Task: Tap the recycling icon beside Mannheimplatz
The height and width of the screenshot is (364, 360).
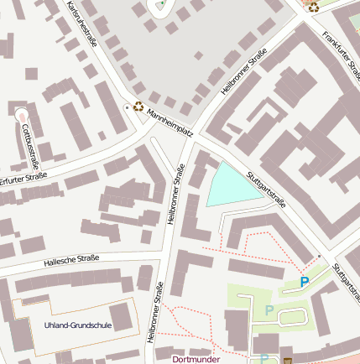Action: pyautogui.click(x=138, y=107)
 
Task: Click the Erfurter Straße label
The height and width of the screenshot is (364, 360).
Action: pyautogui.click(x=23, y=178)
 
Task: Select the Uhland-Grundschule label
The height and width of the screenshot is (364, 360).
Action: pyautogui.click(x=77, y=325)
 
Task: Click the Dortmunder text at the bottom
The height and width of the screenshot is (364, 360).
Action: pyautogui.click(x=195, y=358)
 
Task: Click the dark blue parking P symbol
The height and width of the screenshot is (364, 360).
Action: pyautogui.click(x=305, y=283)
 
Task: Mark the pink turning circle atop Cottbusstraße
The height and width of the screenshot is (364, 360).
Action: pyautogui.click(x=20, y=114)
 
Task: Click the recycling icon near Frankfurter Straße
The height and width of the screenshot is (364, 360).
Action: pyautogui.click(x=314, y=7)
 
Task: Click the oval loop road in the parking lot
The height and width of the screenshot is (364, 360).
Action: pyautogui.click(x=291, y=316)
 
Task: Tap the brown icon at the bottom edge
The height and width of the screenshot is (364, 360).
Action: pyautogui.click(x=288, y=361)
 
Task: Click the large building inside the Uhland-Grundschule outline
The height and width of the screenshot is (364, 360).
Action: pyautogui.click(x=122, y=317)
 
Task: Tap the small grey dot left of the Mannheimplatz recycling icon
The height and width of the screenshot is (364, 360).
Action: pyautogui.click(x=127, y=107)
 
